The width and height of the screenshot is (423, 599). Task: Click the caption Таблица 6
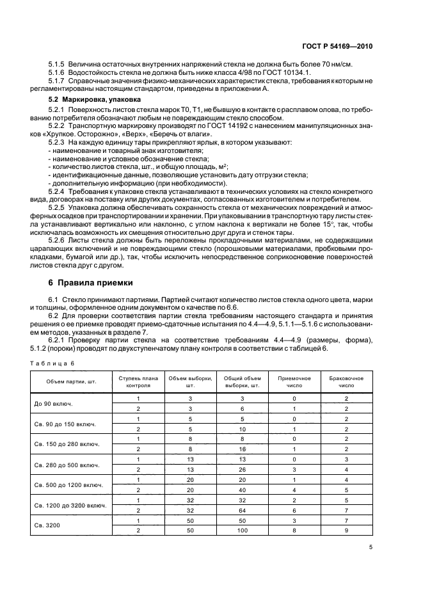[53, 363]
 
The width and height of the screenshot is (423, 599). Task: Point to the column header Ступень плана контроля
[137, 382]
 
